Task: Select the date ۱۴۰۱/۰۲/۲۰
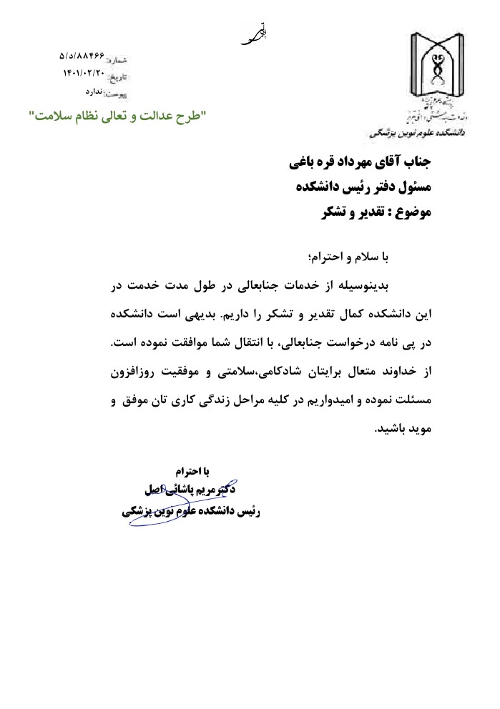pos(84,73)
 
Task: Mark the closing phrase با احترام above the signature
pos(194,472)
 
